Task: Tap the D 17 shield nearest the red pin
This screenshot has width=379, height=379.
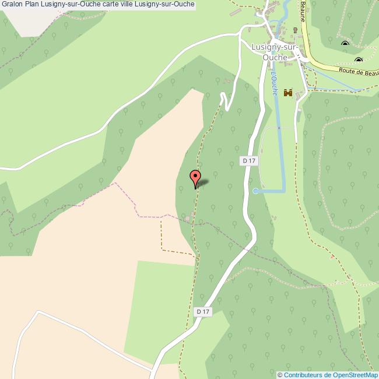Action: [x=249, y=161]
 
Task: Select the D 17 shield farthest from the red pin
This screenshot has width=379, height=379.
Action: [x=202, y=312]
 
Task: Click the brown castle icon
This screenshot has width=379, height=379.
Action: [x=287, y=93]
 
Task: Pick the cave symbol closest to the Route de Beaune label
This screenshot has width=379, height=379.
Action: [x=358, y=60]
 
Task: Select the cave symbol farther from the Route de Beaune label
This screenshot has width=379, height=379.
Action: [x=345, y=44]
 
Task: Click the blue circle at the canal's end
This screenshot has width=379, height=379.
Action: [x=255, y=191]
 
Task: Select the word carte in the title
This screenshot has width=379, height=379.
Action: [x=107, y=5]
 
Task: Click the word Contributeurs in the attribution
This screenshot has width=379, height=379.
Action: [x=304, y=375]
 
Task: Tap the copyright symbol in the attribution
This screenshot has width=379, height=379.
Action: [x=280, y=375]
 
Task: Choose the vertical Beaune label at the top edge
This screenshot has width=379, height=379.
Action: [x=303, y=10]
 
